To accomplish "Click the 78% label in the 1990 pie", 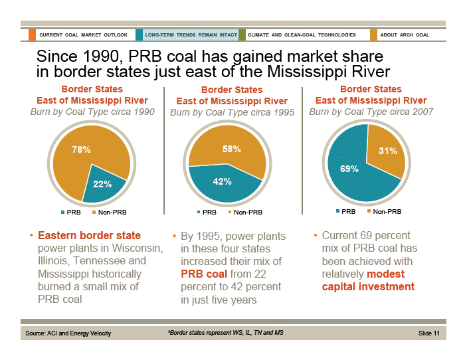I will click(82, 150).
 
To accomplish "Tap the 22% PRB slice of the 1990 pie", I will click(104, 185).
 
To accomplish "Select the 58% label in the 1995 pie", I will click(231, 150).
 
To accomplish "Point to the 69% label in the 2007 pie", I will click(349, 169).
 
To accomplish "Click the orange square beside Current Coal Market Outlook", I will click(32, 35).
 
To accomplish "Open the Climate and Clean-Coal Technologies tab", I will click(302, 35).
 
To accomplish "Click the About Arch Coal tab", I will click(404, 35).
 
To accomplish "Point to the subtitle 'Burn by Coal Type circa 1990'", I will click(92, 112).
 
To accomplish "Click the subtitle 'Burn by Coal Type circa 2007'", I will click(371, 112).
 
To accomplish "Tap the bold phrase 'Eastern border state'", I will click(89, 235).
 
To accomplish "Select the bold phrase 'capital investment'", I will click(368, 287).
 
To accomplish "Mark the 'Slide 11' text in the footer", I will click(429, 332).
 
